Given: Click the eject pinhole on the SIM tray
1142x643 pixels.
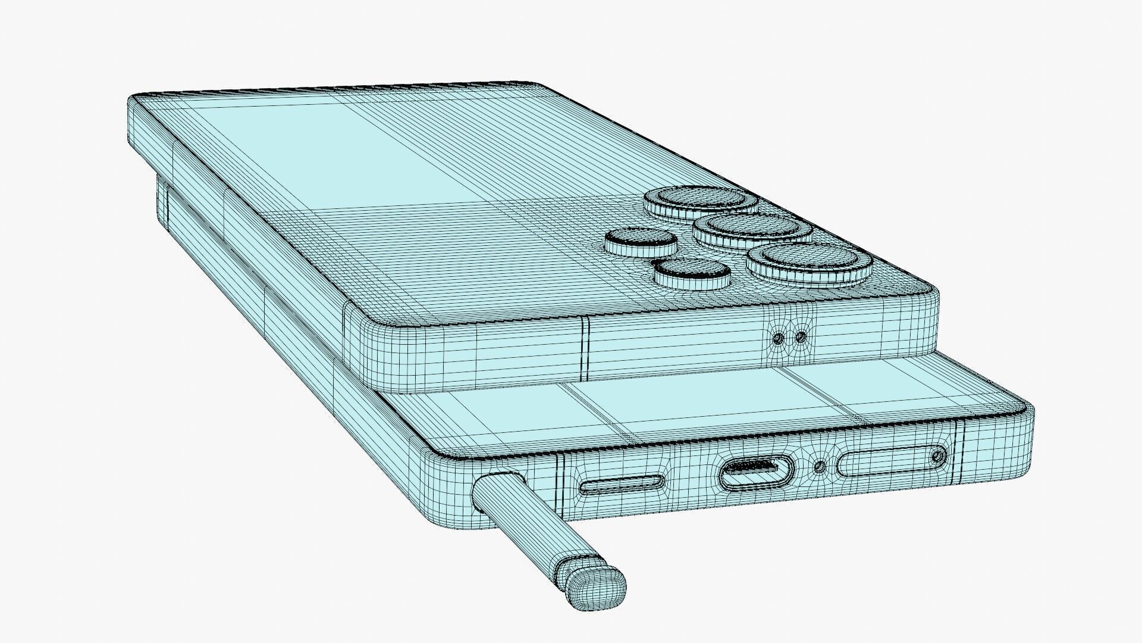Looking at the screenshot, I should [x=938, y=456].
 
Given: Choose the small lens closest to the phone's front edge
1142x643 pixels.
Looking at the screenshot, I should [x=692, y=271].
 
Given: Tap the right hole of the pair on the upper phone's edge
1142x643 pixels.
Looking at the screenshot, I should [x=801, y=338].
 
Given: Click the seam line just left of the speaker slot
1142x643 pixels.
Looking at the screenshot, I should [x=560, y=486].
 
